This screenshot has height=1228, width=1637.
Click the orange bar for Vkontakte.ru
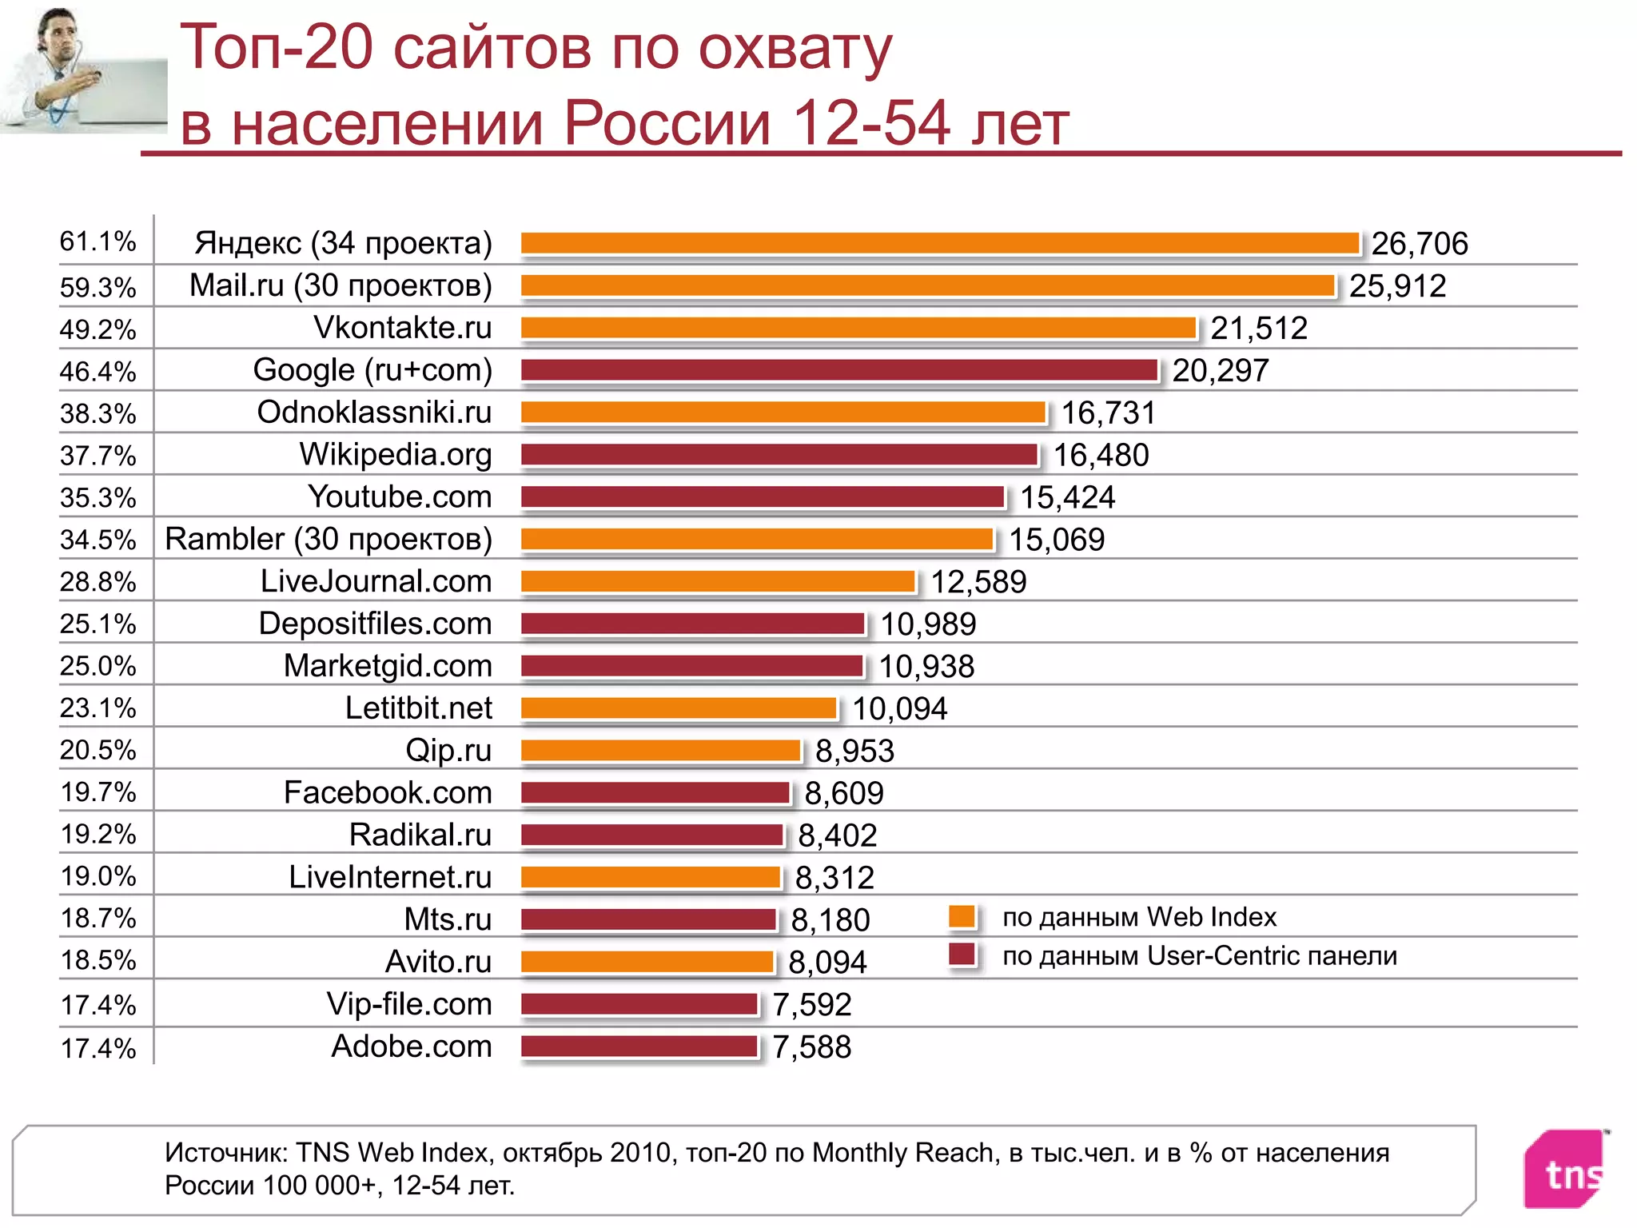point(858,328)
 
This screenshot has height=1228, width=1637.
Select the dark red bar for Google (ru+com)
point(839,370)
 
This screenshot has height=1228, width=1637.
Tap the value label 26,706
point(1420,244)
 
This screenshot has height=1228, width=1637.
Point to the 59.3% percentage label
point(98,287)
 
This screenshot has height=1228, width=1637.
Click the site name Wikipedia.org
point(396,454)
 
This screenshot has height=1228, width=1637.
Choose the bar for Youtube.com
point(762,496)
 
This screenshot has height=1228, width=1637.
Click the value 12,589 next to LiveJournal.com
point(978,582)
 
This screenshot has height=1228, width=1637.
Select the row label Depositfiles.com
point(375,624)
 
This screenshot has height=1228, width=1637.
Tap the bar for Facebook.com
point(655,792)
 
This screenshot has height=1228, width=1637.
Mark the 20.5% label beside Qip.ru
point(98,750)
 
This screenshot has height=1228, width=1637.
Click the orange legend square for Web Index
point(962,916)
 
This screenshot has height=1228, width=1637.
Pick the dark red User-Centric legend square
point(962,955)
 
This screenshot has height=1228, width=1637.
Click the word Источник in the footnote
point(225,1153)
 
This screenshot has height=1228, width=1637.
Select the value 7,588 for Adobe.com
point(811,1047)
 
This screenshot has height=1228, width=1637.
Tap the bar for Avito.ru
point(647,961)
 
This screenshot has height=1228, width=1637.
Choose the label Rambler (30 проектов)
point(329,539)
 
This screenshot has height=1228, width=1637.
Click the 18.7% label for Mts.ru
point(98,918)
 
